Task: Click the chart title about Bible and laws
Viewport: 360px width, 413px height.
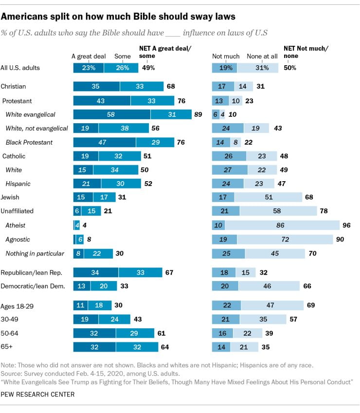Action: (118, 17)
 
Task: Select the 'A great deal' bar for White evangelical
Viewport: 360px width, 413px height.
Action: (111, 114)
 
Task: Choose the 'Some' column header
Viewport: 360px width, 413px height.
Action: (123, 56)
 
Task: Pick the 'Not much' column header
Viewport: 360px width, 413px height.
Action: (224, 56)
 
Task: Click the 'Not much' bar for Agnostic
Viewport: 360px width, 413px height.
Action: (224, 240)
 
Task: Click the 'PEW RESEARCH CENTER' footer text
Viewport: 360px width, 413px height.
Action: (38, 394)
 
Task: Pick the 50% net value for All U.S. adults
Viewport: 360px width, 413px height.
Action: (290, 68)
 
